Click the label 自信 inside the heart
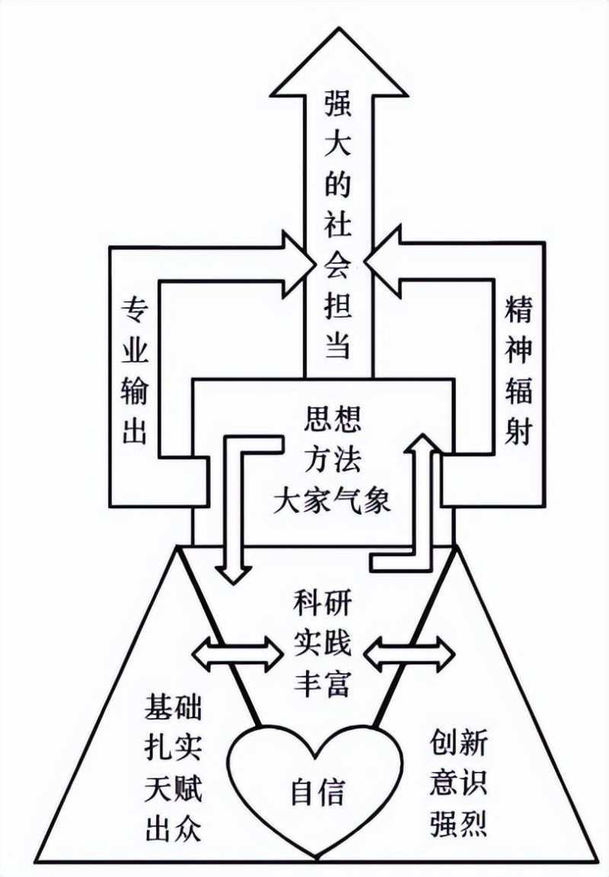(x=318, y=793)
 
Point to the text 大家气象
(x=332, y=503)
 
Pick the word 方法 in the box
(x=332, y=461)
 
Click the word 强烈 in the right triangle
(x=458, y=824)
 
